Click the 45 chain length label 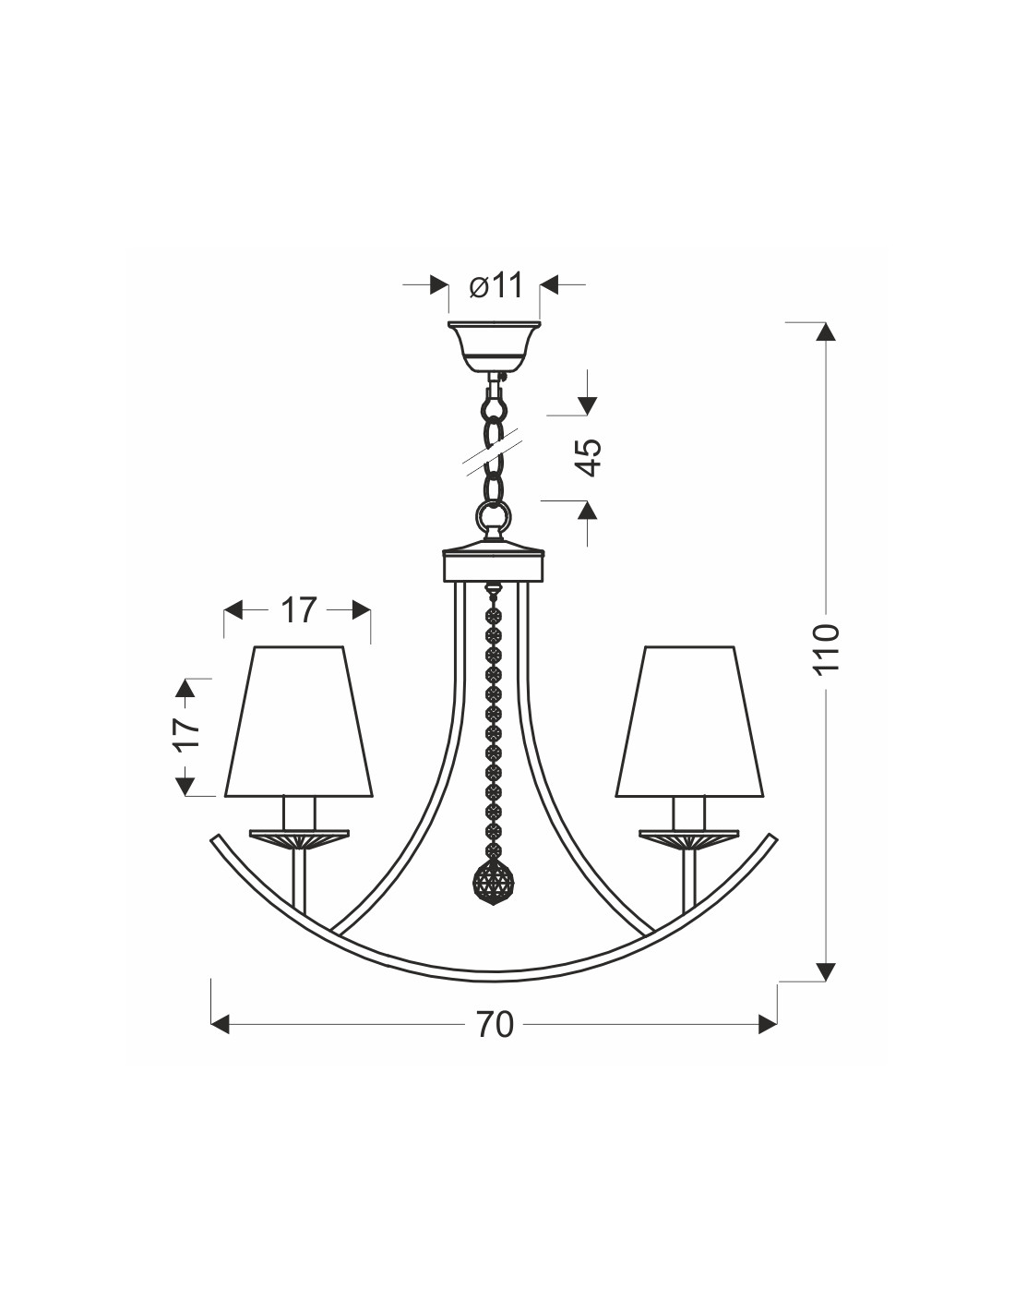(x=591, y=456)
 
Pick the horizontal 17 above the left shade (x=298, y=610)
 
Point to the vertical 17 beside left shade (x=186, y=733)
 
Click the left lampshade (x=298, y=721)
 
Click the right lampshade (x=689, y=721)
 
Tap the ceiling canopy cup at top (x=494, y=345)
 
